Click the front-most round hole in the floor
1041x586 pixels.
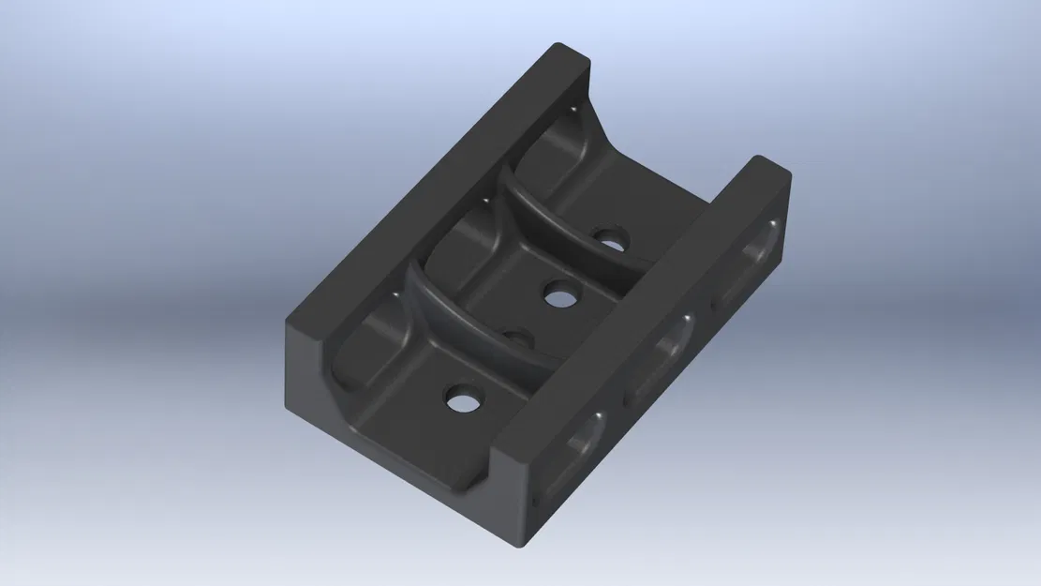click(460, 401)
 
